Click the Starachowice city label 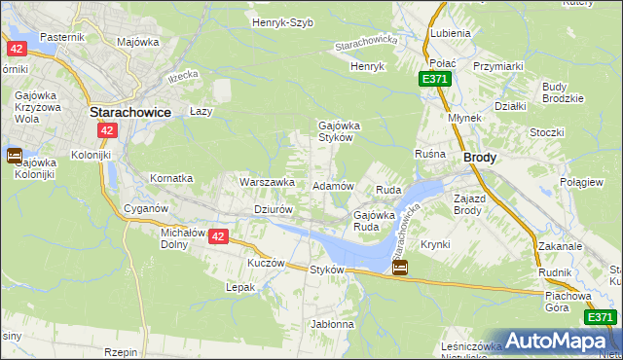(x=129, y=112)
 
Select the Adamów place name (x=332, y=185)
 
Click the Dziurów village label (x=273, y=209)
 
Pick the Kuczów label (x=266, y=263)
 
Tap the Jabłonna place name (x=332, y=323)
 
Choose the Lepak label (x=240, y=288)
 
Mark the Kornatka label (x=171, y=179)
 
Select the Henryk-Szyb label (x=282, y=22)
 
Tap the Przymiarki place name (x=498, y=65)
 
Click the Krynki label (x=435, y=244)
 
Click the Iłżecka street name (x=182, y=75)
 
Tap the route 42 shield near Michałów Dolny (x=218, y=236)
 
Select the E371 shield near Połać (x=437, y=79)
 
